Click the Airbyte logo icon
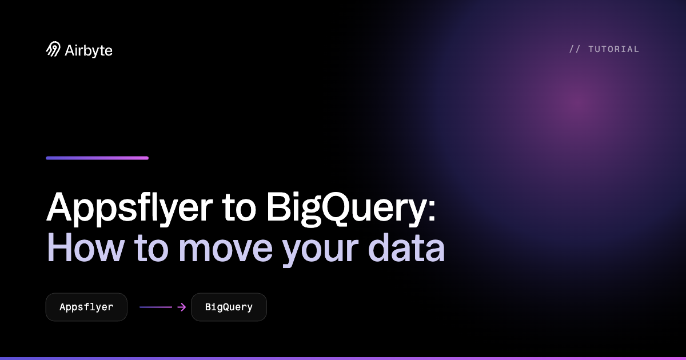click(x=53, y=49)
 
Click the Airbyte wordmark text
click(x=89, y=51)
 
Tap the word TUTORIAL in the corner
click(x=614, y=49)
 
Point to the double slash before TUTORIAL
click(x=575, y=49)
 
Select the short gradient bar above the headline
click(x=97, y=158)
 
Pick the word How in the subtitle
click(x=85, y=247)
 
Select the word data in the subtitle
click(x=406, y=247)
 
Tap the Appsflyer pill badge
click(x=86, y=307)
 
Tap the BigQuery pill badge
click(x=229, y=307)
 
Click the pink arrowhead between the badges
click(x=182, y=307)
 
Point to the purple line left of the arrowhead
click(x=155, y=307)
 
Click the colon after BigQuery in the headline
click(x=432, y=211)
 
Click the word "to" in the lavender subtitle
click(x=151, y=249)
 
